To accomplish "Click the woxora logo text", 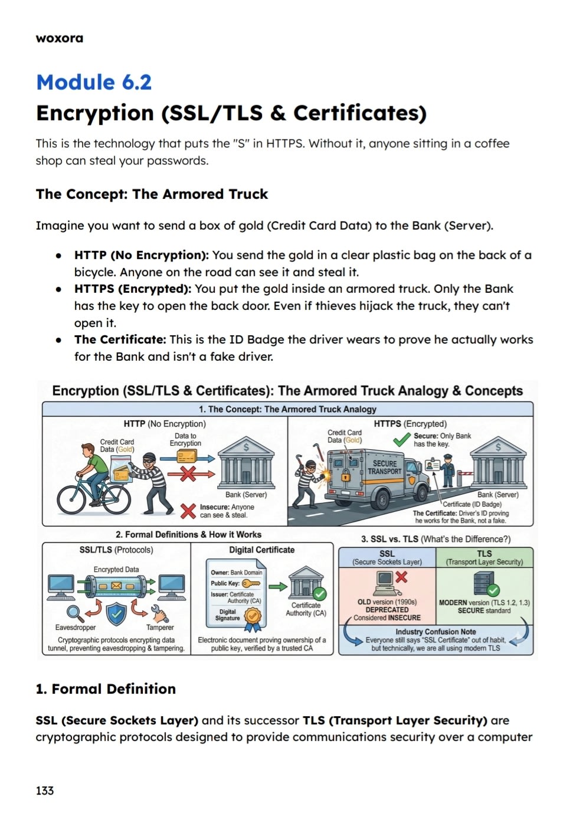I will pyautogui.click(x=60, y=38).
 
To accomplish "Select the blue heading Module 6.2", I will pyautogui.click(x=94, y=82).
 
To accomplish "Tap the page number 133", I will pyautogui.click(x=45, y=790).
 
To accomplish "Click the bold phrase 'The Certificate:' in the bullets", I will pyautogui.click(x=120, y=339).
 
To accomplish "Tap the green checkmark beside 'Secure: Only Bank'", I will pyautogui.click(x=402, y=440).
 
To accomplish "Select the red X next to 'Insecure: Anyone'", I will pyautogui.click(x=188, y=511).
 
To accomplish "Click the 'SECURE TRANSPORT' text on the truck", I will pyautogui.click(x=384, y=468).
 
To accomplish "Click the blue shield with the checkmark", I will pyautogui.click(x=116, y=614).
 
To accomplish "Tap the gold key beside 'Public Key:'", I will pyautogui.click(x=251, y=583).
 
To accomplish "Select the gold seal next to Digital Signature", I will pyautogui.click(x=253, y=616).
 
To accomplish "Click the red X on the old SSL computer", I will pyautogui.click(x=401, y=576).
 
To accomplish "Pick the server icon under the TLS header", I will pyautogui.click(x=484, y=583).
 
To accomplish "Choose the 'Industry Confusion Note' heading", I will pyautogui.click(x=435, y=632).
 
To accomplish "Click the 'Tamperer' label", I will pyautogui.click(x=160, y=628).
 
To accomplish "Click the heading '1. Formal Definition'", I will pyautogui.click(x=106, y=689).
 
